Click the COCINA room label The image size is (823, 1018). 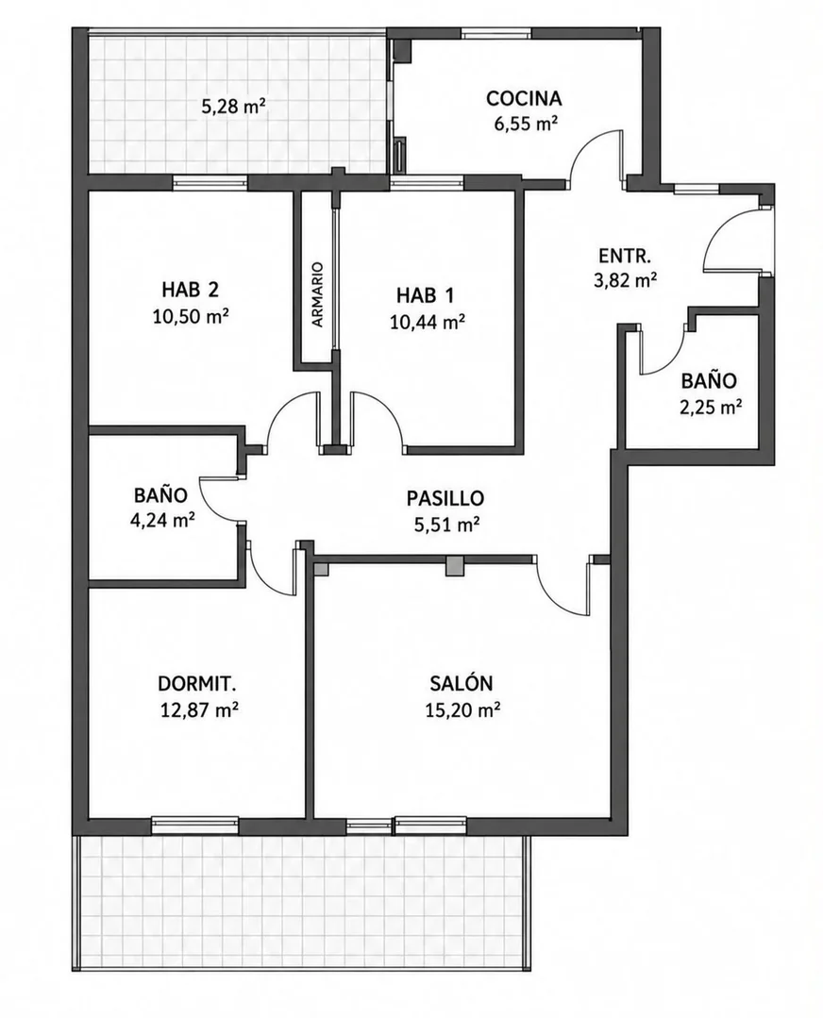(524, 99)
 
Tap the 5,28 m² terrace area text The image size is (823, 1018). (234, 107)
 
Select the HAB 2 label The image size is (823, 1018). (191, 289)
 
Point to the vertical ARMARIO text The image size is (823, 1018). (317, 294)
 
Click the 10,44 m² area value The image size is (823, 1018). (427, 322)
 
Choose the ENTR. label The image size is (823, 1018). (624, 256)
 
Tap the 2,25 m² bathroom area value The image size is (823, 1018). (711, 407)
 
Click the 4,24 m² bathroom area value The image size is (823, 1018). (163, 520)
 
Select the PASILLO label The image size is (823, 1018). (445, 498)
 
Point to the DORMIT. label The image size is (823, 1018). (197, 684)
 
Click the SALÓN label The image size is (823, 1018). (462, 683)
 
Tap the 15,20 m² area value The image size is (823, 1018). (462, 710)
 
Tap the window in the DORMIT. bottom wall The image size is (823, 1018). (194, 825)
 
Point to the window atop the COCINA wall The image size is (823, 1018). (496, 32)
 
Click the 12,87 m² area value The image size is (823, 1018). (198, 710)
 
